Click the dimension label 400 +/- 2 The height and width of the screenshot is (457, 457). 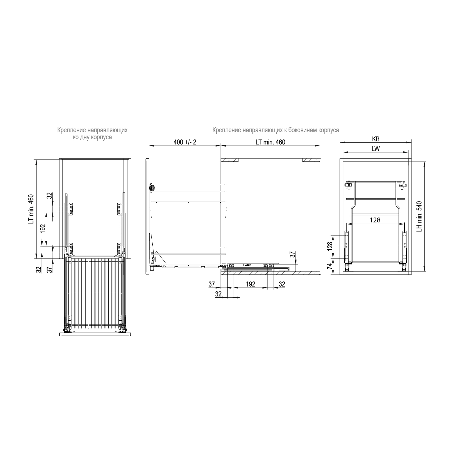tap(185, 142)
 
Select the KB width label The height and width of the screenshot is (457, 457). tap(376, 139)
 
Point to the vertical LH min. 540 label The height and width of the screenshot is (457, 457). tap(419, 216)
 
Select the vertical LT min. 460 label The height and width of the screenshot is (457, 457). tap(31, 209)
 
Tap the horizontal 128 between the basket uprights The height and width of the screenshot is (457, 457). tap(375, 220)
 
